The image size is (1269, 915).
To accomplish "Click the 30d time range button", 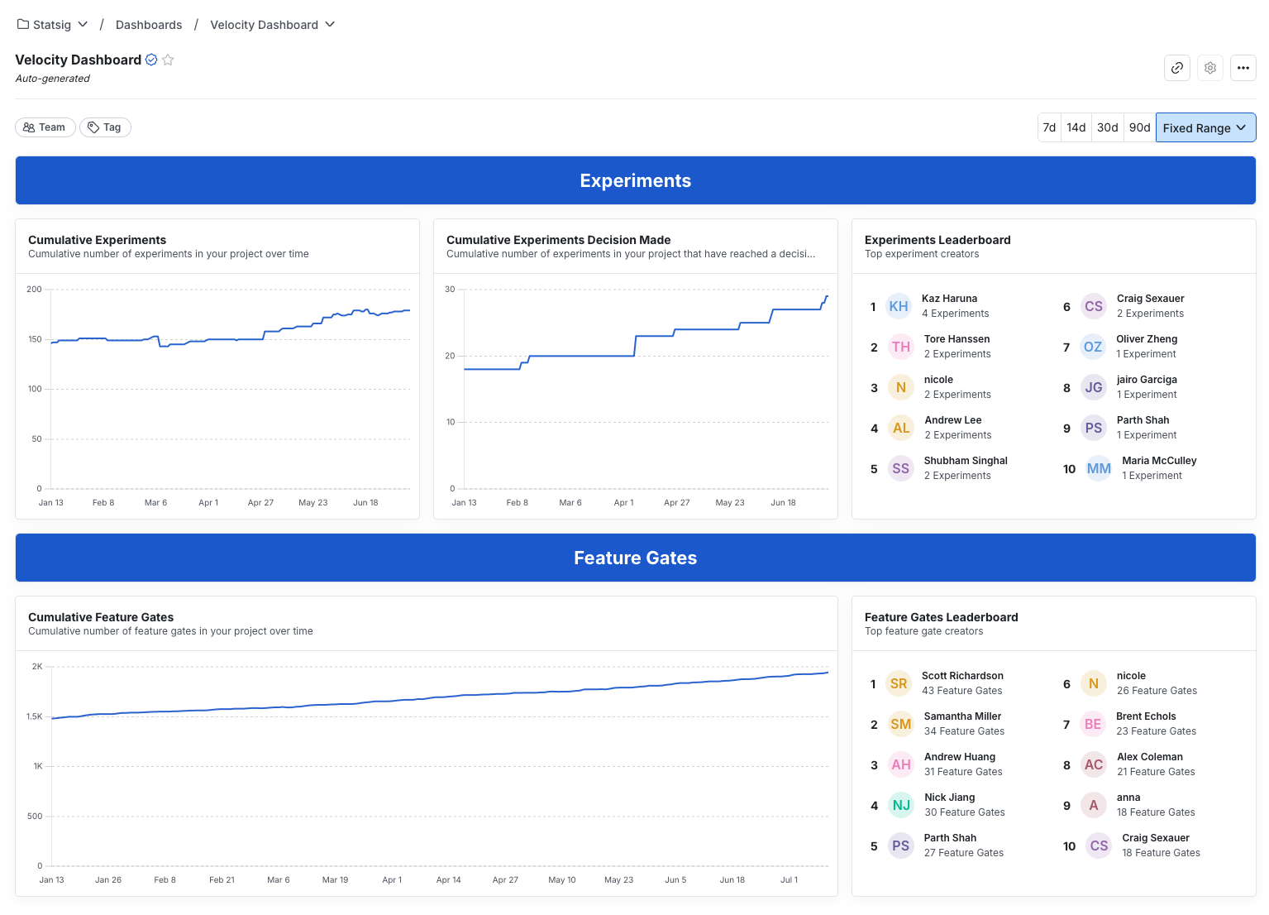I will point(1107,127).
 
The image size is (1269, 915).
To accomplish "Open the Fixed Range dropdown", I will point(1205,127).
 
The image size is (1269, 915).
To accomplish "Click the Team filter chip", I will point(45,127).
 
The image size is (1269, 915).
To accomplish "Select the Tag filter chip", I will point(105,127).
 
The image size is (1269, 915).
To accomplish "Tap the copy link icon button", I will point(1176,68).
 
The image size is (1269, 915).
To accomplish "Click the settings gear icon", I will point(1209,68).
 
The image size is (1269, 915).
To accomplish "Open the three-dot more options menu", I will point(1243,68).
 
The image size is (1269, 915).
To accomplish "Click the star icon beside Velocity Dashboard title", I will point(168,60).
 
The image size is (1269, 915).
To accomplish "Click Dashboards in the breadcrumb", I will point(149,25).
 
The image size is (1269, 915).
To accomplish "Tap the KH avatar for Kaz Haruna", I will point(898,306).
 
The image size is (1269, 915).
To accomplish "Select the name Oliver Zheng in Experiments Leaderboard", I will point(1146,339).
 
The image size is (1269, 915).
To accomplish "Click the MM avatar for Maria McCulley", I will point(1098,468).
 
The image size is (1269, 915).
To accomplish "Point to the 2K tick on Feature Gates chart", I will point(37,666).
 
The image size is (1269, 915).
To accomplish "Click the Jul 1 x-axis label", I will point(789,879).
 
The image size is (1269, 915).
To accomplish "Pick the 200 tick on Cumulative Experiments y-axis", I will point(34,289).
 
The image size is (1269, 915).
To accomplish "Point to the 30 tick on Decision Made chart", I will point(450,289).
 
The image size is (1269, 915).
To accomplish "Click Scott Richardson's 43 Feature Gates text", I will point(961,691).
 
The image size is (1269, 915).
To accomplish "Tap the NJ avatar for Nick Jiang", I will point(900,805).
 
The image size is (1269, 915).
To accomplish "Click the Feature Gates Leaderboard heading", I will point(941,617).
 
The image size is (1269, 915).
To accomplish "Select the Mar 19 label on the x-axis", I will point(335,879).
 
